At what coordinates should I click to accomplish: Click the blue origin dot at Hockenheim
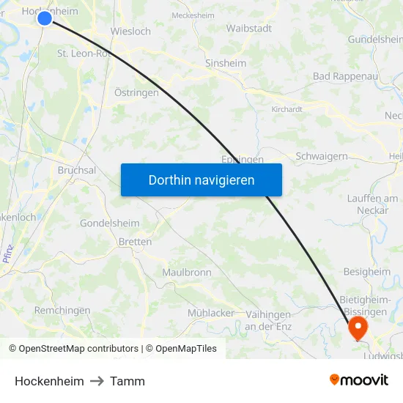tap(45, 18)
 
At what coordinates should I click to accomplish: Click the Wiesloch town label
tap(130, 32)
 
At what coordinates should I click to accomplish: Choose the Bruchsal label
tap(77, 170)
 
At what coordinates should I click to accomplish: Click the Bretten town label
tap(135, 242)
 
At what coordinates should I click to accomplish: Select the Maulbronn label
tap(187, 273)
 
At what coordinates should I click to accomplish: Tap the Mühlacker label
tap(211, 313)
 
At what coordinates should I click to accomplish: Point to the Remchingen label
tap(62, 311)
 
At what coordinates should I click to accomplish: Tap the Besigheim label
tap(367, 272)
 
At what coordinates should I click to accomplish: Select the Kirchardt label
tap(287, 108)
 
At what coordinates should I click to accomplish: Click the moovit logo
tap(359, 380)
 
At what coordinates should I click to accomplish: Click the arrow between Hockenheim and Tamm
tap(97, 381)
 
